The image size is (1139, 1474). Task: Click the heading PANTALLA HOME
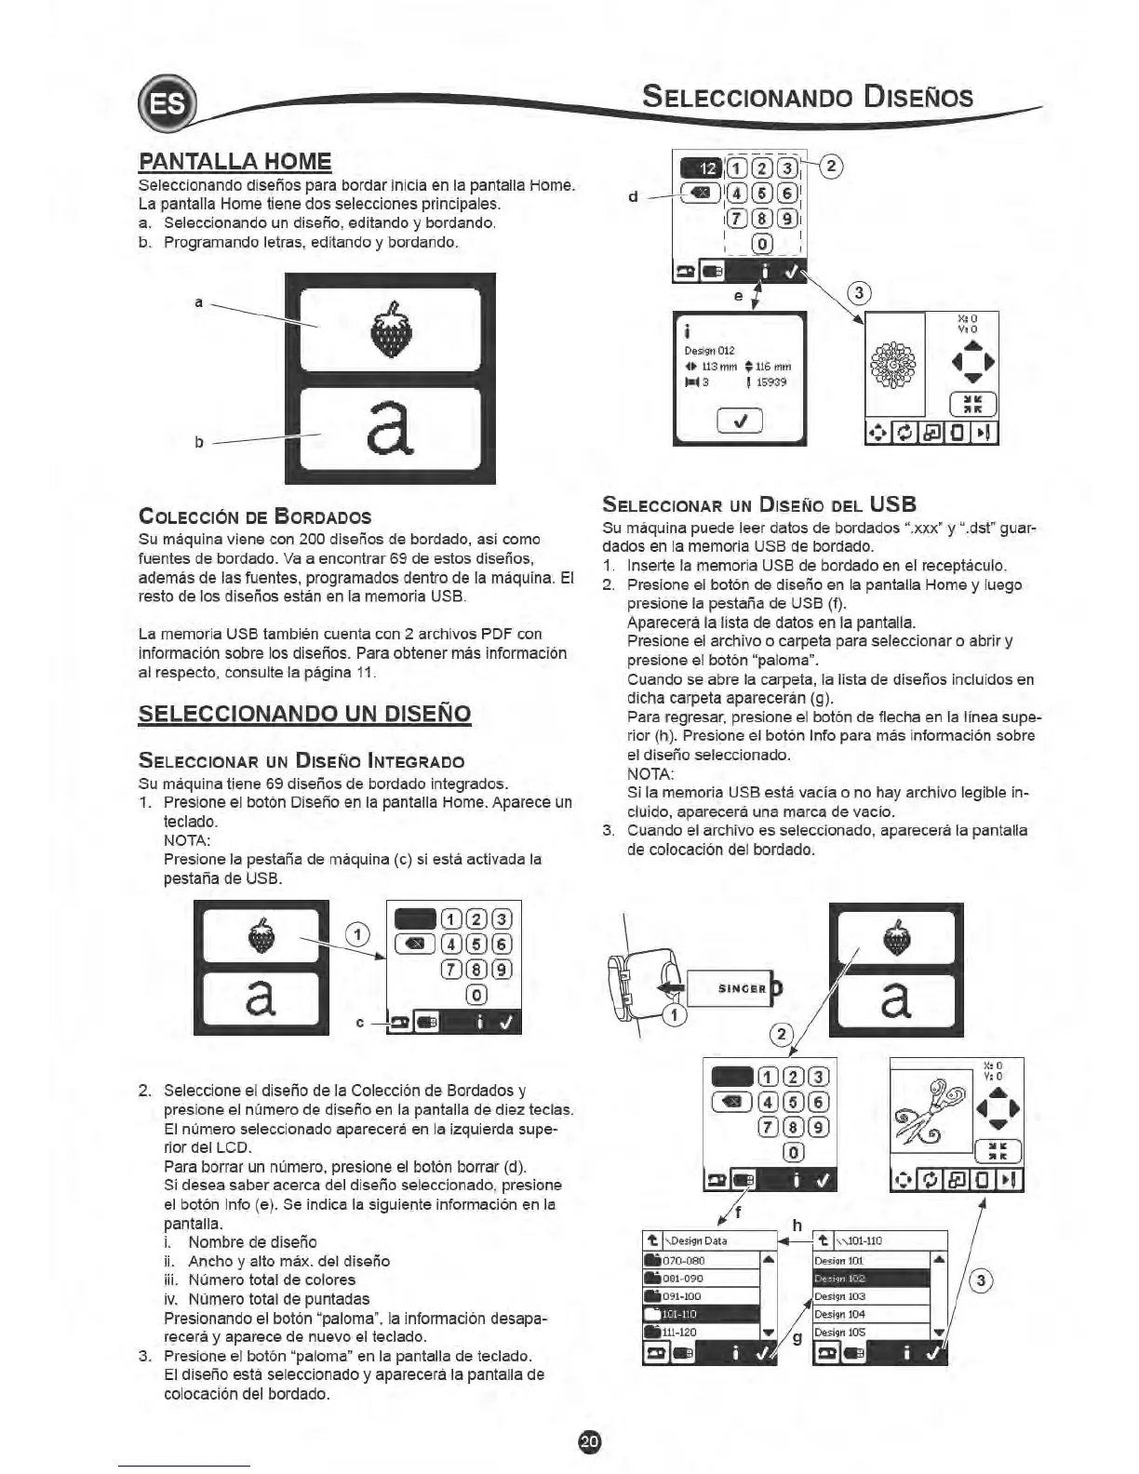tap(234, 161)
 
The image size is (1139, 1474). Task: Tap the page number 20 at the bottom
tap(590, 1440)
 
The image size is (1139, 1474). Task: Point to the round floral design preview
tap(894, 364)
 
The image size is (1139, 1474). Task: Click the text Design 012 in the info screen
tap(709, 351)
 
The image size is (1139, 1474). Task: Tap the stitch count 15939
tap(772, 382)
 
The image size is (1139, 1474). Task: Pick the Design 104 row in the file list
tap(840, 1314)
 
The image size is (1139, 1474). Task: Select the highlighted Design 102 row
tap(841, 1279)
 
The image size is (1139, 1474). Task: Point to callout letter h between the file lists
tap(797, 1226)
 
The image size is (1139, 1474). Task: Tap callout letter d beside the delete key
tap(633, 196)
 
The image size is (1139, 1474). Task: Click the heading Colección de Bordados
tap(254, 517)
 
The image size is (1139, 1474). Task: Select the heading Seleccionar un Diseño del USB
tap(759, 505)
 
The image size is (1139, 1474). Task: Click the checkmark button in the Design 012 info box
tap(740, 422)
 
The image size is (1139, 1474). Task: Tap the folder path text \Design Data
tap(699, 1240)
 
